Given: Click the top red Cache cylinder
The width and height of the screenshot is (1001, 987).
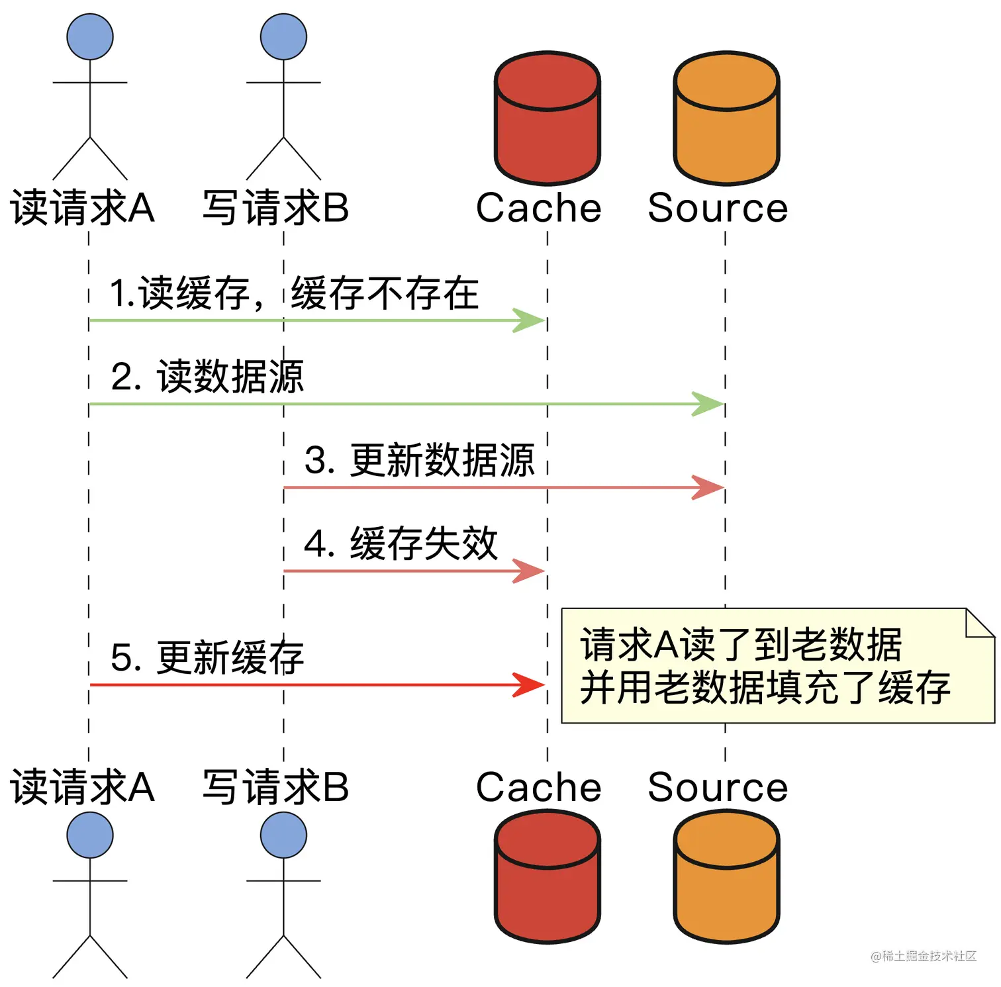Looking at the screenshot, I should coord(547,119).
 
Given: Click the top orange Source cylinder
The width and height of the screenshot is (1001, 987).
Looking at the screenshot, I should coord(726,119).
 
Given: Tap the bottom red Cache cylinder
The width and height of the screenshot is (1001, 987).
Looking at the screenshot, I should coord(547,876).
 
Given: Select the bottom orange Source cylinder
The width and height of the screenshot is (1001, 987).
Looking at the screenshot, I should coord(726,876).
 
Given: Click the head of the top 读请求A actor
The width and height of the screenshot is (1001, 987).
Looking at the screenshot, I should coord(90,37).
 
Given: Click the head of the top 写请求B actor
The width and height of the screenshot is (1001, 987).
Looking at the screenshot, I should coord(283,37).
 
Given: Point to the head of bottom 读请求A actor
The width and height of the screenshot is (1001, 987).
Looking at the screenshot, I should coord(90,835).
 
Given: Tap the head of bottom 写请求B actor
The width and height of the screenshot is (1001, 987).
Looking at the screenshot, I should coord(283,835).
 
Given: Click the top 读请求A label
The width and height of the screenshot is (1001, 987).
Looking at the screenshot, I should coord(83,208).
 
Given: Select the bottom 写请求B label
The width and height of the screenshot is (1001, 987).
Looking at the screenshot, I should coord(275,787).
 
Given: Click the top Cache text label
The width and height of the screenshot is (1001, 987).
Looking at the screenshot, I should coord(538,208).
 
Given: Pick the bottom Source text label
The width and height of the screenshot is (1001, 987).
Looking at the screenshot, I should coord(718,787).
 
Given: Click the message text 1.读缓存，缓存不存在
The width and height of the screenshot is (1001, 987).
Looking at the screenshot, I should coord(294,293).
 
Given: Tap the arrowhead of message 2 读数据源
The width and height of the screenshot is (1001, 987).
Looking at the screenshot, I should coord(708,404).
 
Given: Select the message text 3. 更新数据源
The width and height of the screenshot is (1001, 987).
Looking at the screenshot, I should coord(419,460).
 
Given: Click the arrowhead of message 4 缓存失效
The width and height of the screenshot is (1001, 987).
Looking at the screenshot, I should coord(529,571).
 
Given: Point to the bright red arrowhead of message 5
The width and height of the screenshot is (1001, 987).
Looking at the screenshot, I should coord(529,684).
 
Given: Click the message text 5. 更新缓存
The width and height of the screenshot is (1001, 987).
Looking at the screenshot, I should coord(207,657).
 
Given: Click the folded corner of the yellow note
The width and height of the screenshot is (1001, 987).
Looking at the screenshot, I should coord(979,624).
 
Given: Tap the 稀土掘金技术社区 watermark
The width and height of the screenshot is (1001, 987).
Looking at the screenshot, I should coord(924,956).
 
